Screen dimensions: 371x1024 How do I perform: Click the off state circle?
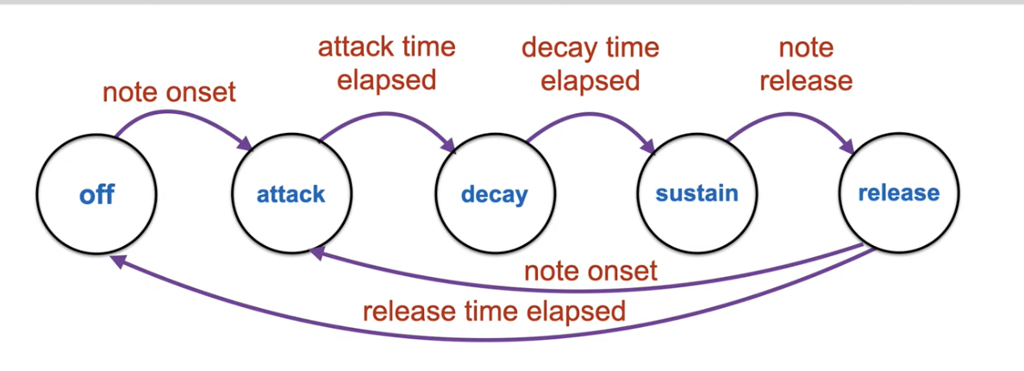coord(97,194)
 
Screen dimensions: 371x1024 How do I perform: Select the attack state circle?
coord(291,194)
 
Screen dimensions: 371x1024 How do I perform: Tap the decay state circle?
coord(494,194)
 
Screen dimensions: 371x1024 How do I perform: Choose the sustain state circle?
coord(696,194)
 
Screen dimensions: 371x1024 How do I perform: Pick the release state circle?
coord(898,194)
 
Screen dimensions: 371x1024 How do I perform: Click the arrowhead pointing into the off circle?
coord(119,260)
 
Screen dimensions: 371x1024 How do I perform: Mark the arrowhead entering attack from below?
coord(317,252)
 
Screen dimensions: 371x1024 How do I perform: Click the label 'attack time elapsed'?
coord(386,63)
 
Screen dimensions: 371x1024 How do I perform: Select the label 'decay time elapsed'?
coord(590,63)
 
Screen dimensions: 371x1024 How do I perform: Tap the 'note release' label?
coord(805,63)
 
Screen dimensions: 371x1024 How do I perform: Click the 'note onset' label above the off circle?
coord(169,91)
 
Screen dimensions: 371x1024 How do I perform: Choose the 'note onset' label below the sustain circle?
coord(590,271)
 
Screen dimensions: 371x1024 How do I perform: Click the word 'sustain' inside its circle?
coord(696,193)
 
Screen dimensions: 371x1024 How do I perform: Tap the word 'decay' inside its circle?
coord(494,195)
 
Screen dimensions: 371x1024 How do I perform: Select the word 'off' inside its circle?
coord(97,194)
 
